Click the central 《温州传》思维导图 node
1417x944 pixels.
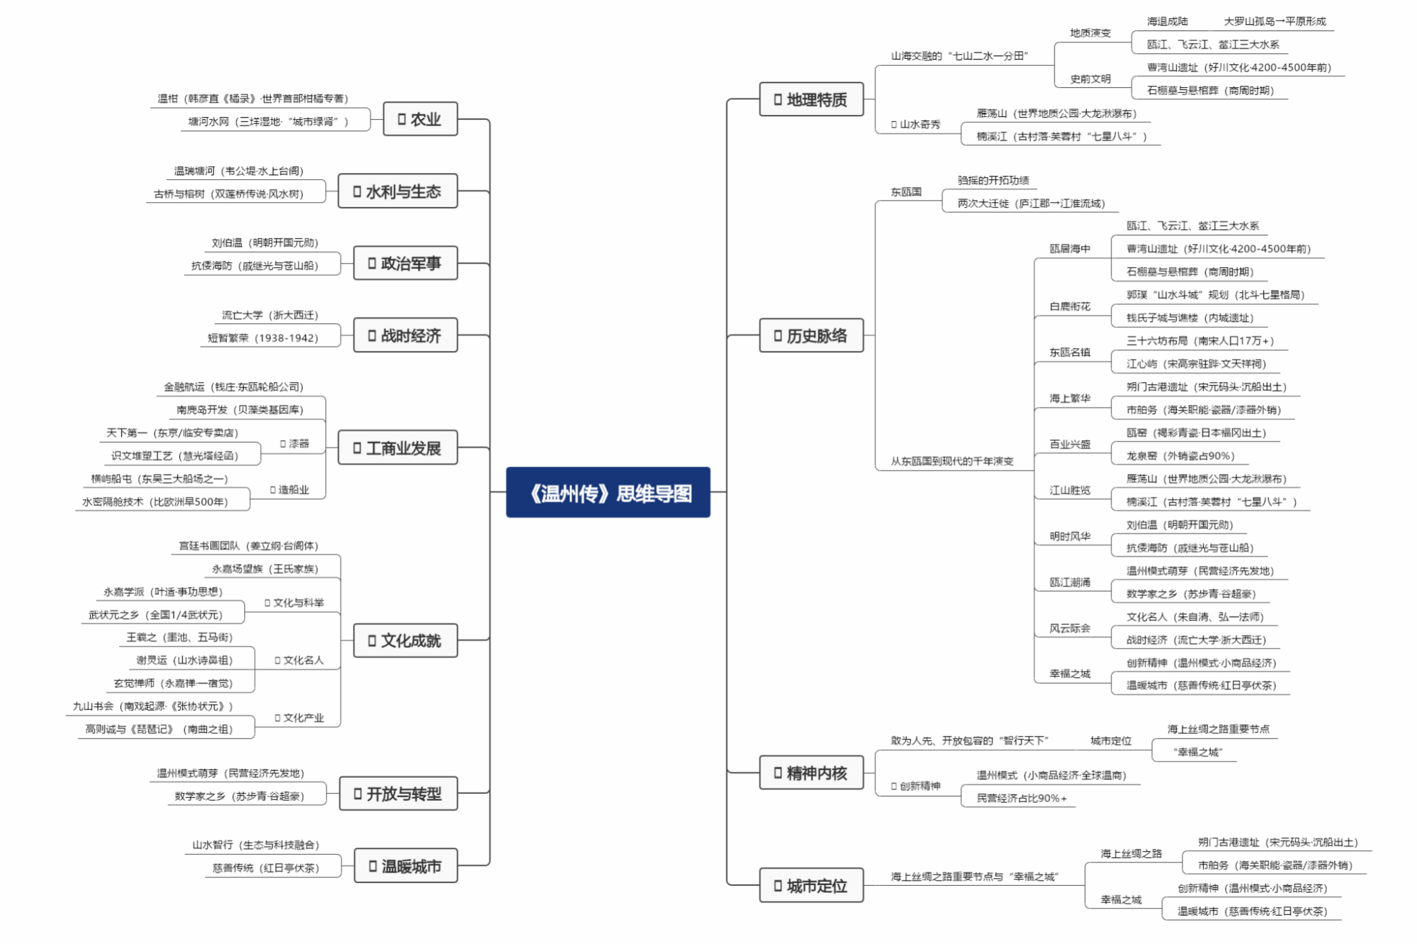[x=607, y=492]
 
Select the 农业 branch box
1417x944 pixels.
[x=420, y=119]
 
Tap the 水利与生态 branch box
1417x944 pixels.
[x=397, y=191]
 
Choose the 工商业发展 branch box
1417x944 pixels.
[x=397, y=448]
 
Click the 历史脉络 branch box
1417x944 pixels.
[x=811, y=336]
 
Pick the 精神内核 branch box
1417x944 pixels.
[x=811, y=772]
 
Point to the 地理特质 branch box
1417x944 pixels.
[x=811, y=100]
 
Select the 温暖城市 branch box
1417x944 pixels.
[x=405, y=866]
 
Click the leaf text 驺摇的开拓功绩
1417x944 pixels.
[x=993, y=180]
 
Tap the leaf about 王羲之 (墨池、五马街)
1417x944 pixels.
[x=179, y=637]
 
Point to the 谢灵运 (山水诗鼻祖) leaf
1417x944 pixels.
[x=184, y=660]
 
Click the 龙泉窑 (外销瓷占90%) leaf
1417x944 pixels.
[x=1180, y=455]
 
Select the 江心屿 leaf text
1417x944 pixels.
[x=1196, y=363]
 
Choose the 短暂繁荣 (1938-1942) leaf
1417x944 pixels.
[x=263, y=338]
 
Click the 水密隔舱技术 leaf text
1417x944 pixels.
[x=155, y=501]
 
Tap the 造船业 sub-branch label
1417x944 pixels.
[x=290, y=489]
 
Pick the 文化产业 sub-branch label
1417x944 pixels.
[x=300, y=718]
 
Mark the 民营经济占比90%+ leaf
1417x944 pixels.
[x=1021, y=798]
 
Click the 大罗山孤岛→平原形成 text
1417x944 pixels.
[x=1274, y=21]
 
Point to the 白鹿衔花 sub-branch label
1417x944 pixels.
[x=1070, y=306]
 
